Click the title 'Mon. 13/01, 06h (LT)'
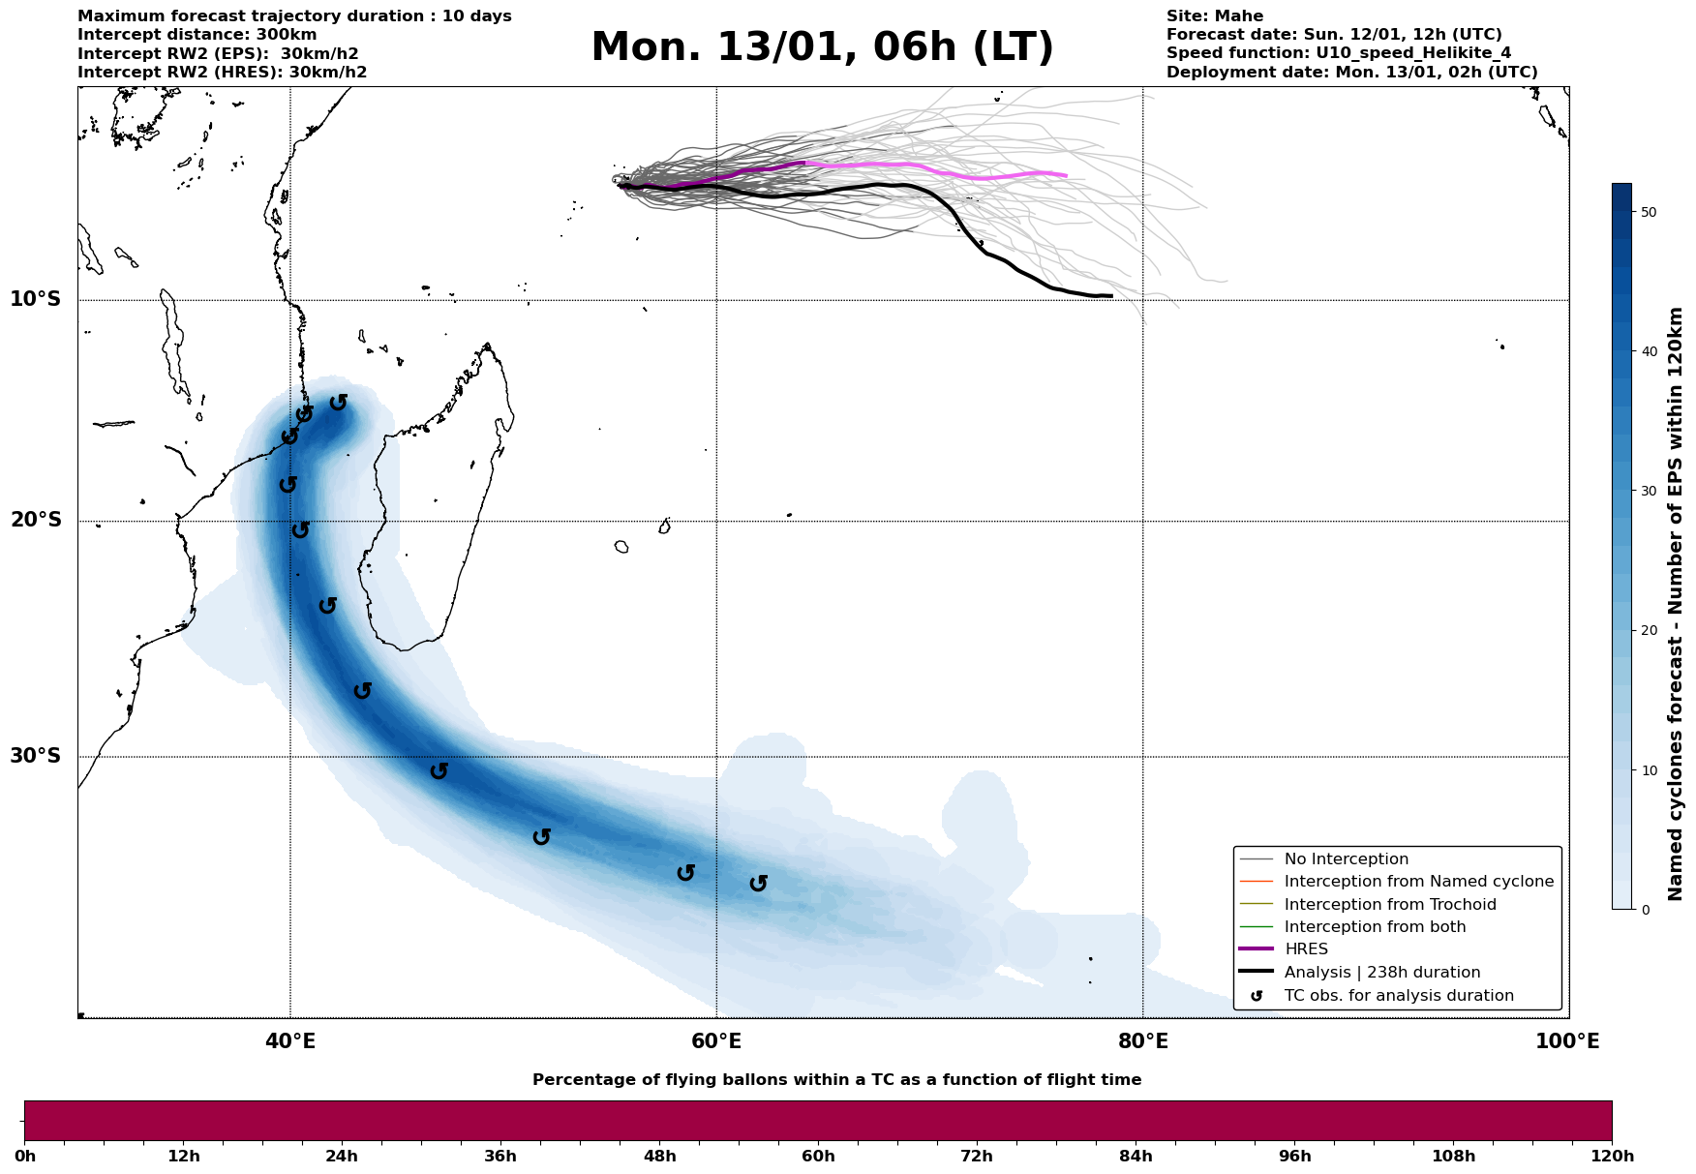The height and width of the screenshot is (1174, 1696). coord(822,47)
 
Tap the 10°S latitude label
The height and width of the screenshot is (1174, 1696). coord(36,298)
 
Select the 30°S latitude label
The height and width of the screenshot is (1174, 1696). coord(36,755)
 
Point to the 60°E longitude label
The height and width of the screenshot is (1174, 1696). coord(716,1041)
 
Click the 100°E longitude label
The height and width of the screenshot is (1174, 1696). coord(1568,1041)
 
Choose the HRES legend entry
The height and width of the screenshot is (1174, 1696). coord(1306,949)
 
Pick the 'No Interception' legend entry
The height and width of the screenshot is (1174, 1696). coord(1346,859)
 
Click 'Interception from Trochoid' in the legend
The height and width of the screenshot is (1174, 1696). coord(1390,905)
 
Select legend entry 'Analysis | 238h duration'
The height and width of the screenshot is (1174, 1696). coord(1382,973)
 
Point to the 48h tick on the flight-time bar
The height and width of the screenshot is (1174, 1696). coord(659,1156)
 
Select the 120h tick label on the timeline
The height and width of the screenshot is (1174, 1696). coord(1611,1156)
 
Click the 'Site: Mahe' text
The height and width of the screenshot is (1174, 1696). coord(1215,16)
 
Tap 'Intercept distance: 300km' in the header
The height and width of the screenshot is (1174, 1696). coord(197,35)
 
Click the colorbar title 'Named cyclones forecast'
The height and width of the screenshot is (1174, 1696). coord(1677,605)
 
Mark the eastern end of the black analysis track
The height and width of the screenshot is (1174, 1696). coord(1110,295)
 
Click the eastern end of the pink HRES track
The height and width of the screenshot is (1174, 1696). coord(1066,175)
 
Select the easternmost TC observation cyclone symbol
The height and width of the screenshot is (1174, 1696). coord(759,883)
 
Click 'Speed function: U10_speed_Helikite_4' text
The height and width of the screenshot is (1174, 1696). coord(1339,53)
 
